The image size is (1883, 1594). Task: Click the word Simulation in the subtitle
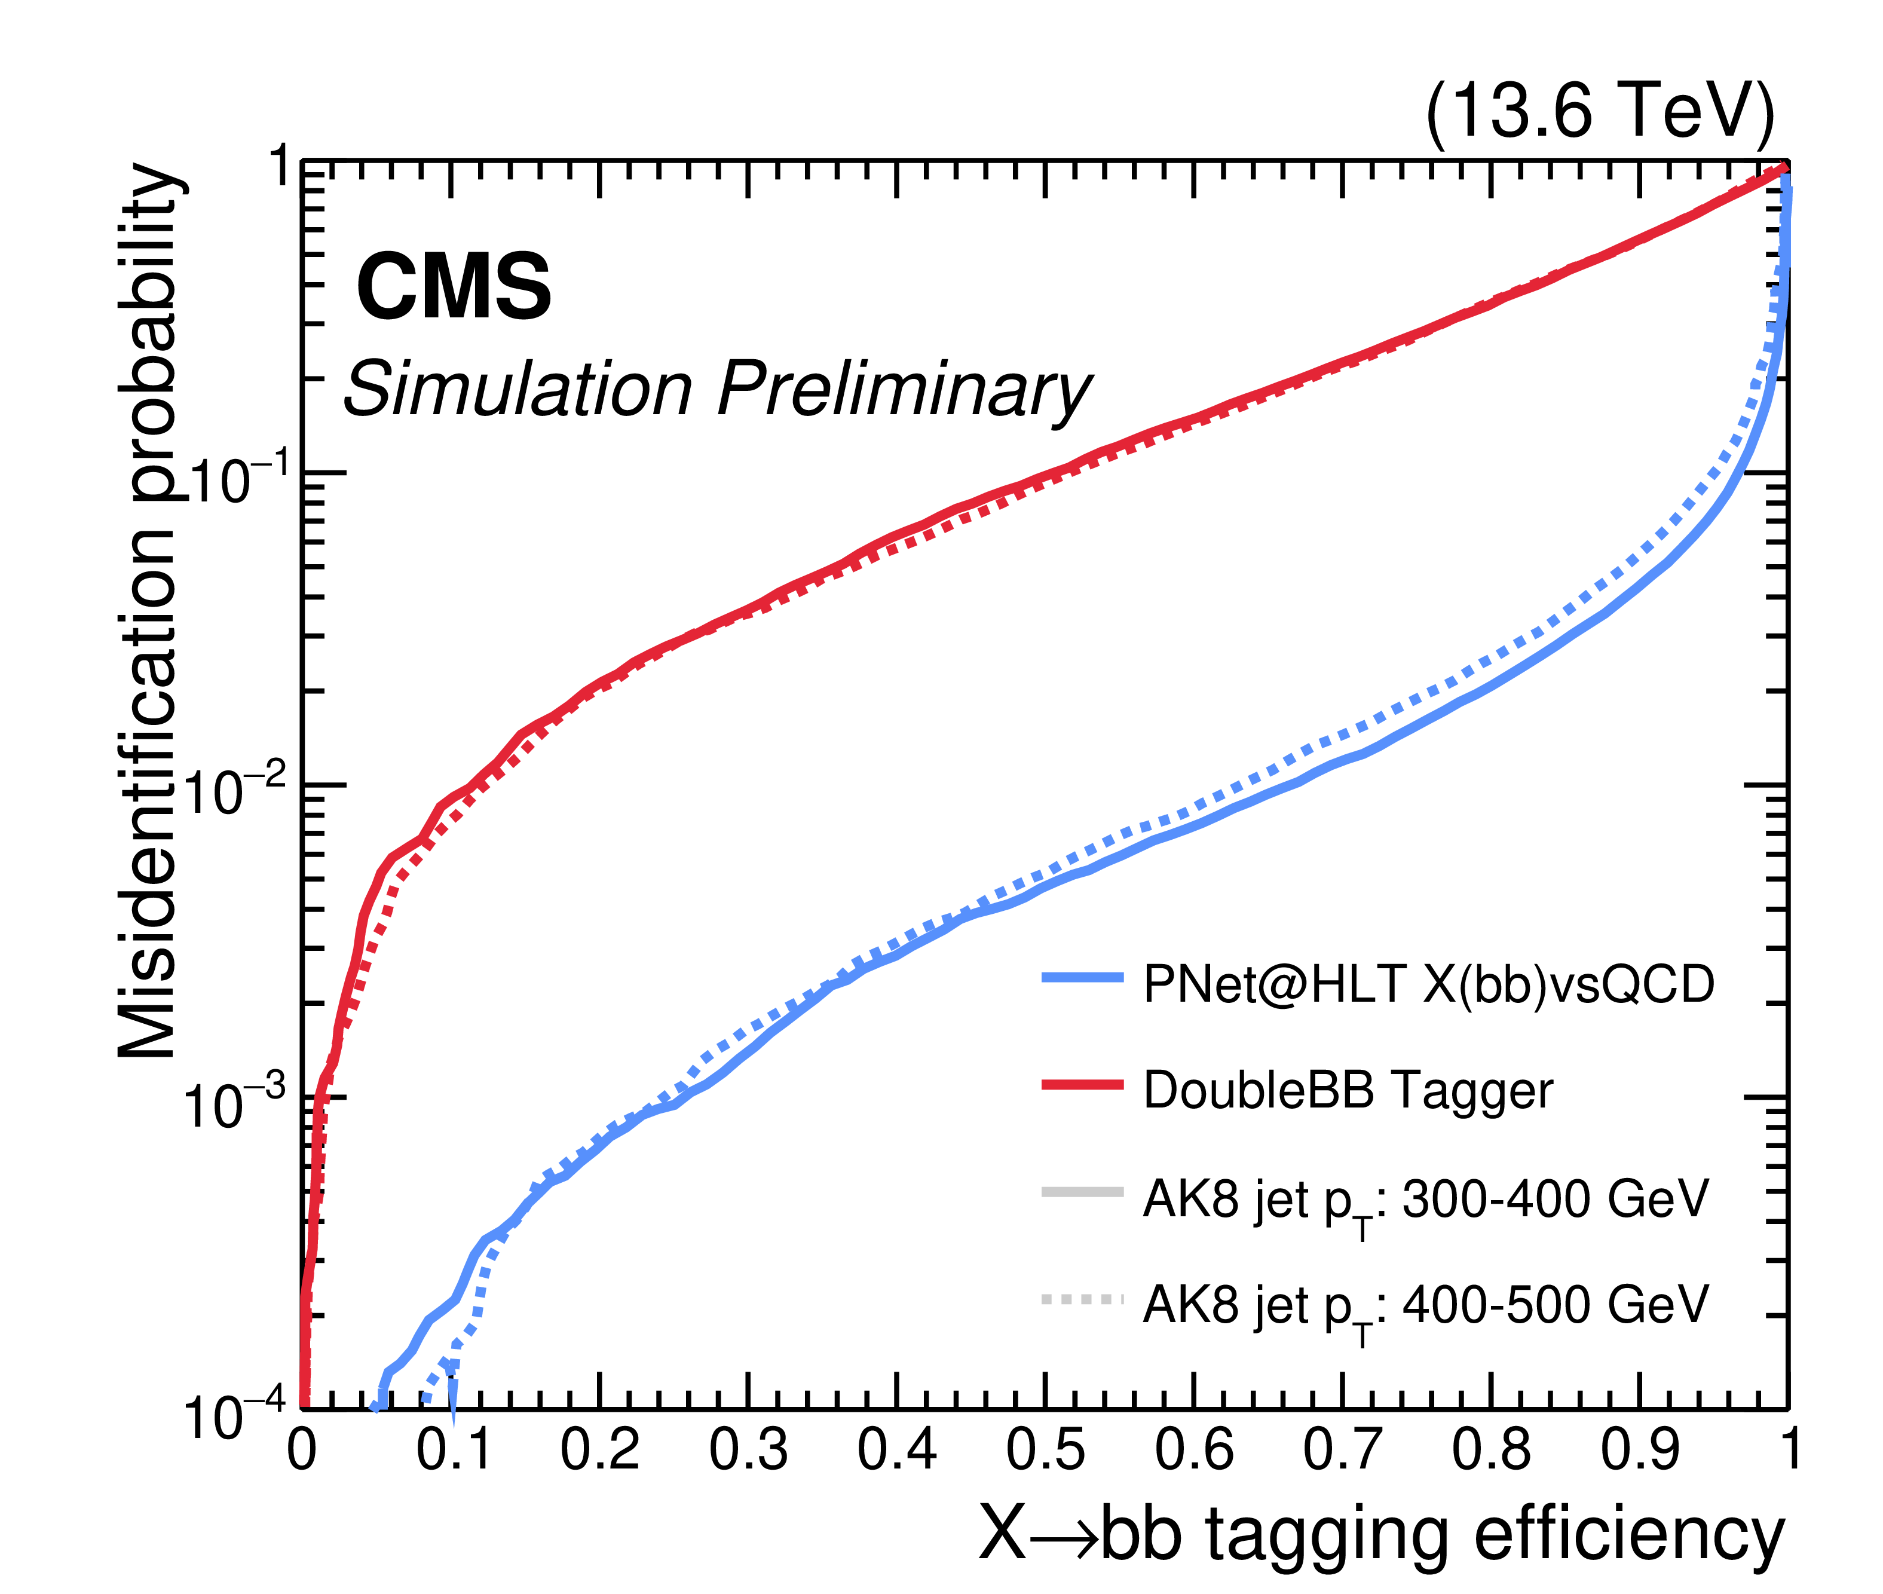point(518,388)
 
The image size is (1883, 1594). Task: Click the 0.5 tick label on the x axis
point(1045,1449)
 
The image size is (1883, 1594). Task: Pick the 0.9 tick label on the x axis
point(1640,1449)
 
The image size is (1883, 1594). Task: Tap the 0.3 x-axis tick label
point(748,1449)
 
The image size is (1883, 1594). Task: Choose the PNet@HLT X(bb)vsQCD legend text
point(1428,984)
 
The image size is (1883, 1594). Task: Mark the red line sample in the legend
point(1082,1084)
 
